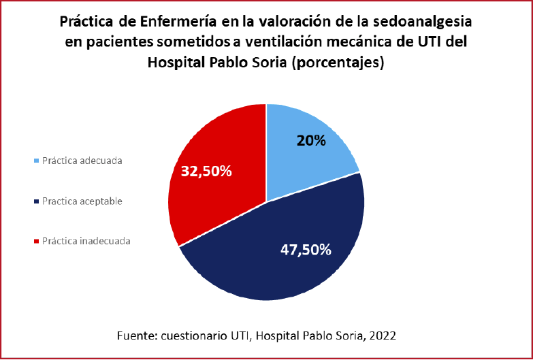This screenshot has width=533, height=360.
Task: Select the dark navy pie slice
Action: click(x=286, y=259)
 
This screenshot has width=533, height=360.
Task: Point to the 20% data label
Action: click(x=312, y=141)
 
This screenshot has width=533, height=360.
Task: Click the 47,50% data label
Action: click(x=306, y=249)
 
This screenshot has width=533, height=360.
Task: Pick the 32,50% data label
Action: click(x=206, y=171)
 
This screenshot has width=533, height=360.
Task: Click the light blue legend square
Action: click(x=35, y=161)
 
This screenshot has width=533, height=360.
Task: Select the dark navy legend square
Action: click(x=35, y=201)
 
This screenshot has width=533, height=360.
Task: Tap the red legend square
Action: click(x=35, y=241)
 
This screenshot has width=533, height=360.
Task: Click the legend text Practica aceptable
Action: click(x=82, y=201)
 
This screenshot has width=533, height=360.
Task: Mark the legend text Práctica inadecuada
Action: click(x=86, y=241)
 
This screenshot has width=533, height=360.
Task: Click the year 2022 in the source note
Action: click(x=383, y=336)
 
